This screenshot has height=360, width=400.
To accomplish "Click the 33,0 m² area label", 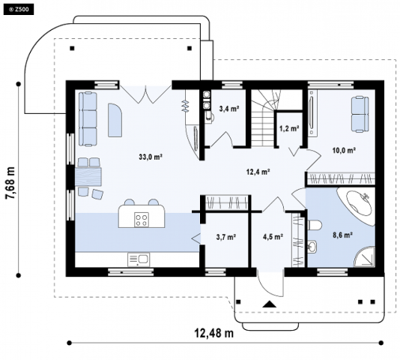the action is pos(151,157).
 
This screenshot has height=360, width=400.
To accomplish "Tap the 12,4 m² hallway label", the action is pos(258,172).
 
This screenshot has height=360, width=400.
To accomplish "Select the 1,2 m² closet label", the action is pos(289,128).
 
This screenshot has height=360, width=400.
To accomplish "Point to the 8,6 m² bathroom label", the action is pos(342,235).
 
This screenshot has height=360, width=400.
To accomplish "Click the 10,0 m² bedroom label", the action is pos(344,150).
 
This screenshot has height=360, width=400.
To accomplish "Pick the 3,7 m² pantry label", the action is pos(225,237).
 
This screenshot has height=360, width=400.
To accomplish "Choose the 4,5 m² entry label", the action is pos(273,237).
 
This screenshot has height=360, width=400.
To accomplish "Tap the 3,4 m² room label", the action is pos(228,109).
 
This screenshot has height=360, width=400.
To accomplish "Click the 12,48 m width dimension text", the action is pos(214,333).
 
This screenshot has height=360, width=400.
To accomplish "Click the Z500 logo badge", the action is pos(19,10).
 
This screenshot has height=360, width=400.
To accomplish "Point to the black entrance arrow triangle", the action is pos(270,304).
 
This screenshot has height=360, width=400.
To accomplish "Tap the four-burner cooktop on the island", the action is pos(142,220).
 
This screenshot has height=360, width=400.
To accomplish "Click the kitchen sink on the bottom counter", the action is pos(139,259).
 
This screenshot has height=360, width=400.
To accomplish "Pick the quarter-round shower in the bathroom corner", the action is pos(365,257).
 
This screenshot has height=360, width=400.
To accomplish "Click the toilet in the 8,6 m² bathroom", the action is pos(315,225).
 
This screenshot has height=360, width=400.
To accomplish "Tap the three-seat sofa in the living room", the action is pos(88,119).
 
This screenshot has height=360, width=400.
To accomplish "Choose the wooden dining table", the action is pos(88,176).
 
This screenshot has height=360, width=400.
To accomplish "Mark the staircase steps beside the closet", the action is pos(264,118).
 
